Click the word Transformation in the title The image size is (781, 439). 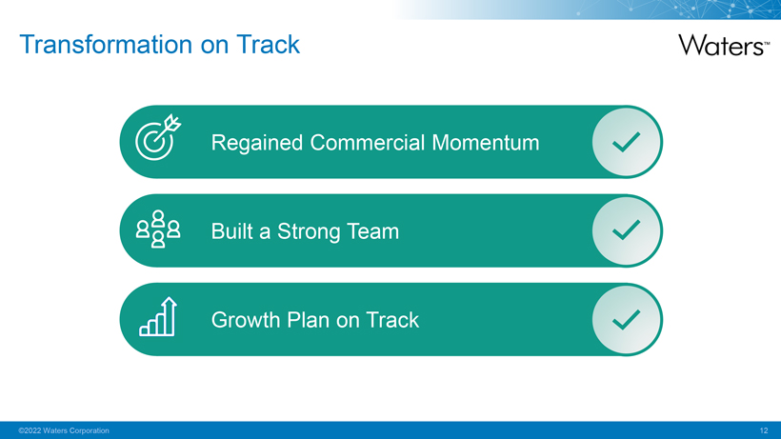point(106,45)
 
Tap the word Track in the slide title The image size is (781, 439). point(268,45)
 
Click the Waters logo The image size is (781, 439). point(724,46)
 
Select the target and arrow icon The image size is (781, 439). point(158,137)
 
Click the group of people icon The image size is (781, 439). point(158,229)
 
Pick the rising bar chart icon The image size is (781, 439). point(158,317)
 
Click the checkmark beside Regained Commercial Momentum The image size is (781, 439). point(626,142)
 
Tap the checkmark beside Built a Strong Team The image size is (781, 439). point(626,230)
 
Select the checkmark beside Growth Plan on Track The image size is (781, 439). point(626,320)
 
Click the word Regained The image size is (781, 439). point(257,144)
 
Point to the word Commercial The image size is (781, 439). point(368,143)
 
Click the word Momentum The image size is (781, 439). point(486,143)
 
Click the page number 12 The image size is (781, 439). point(764,430)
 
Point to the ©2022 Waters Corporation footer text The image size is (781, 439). point(64,430)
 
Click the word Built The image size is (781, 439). point(232,231)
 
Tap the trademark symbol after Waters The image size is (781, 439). point(767,43)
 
